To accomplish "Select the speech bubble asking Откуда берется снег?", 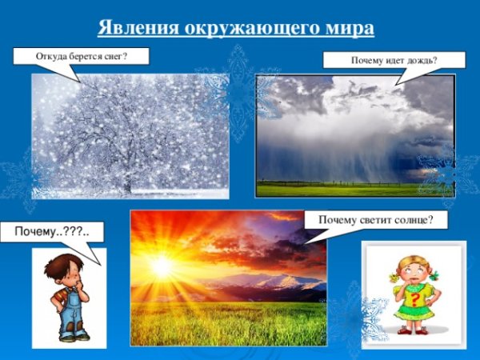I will tap(82, 56).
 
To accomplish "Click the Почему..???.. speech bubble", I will tap(51, 232).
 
